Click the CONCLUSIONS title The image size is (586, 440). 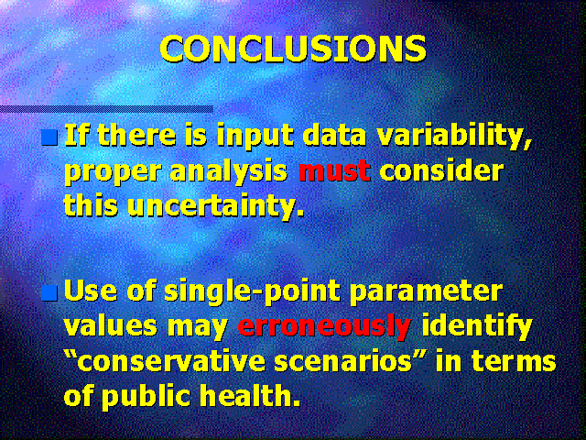pos(293,49)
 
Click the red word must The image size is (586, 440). pos(334,171)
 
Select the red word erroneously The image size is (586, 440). pos(324,326)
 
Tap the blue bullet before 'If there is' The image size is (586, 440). pos(49,137)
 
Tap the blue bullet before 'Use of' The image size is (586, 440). pos(49,293)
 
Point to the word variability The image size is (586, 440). pos(454,137)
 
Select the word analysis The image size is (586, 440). pos(229,173)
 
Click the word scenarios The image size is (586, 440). pos(342,362)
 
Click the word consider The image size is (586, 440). pos(441,171)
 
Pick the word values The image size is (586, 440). pos(111,327)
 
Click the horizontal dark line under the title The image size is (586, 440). pos(106,109)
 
